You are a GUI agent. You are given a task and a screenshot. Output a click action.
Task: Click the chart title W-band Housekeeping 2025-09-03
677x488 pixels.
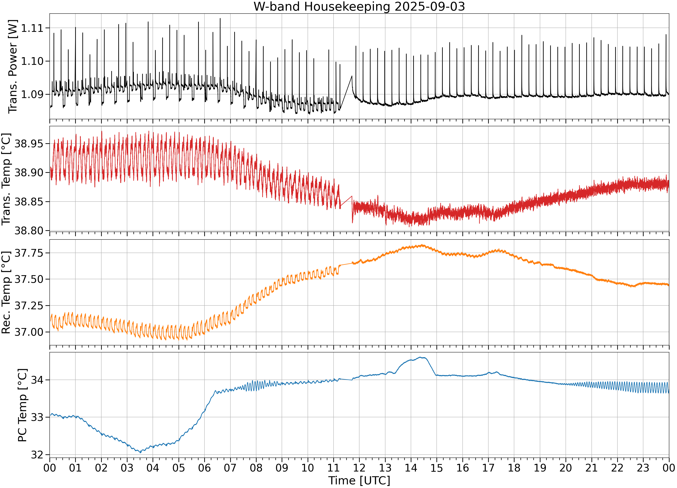(359, 7)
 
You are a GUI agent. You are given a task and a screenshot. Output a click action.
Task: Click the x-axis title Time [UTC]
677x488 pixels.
(359, 481)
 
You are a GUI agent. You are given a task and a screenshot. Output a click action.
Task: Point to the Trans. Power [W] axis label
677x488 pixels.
(13, 67)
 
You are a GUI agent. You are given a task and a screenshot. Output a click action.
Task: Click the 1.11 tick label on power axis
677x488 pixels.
(32, 28)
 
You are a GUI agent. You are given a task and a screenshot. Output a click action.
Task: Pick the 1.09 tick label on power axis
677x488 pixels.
(32, 94)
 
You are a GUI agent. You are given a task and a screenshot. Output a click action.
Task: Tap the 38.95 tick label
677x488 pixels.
(29, 144)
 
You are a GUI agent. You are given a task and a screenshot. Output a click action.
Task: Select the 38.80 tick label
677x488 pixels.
(29, 231)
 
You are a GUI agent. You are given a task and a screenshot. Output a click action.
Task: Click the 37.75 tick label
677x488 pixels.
(29, 253)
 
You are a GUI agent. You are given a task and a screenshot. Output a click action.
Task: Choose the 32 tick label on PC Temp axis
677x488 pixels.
(37, 455)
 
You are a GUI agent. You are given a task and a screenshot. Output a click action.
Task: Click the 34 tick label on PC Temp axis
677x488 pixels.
(37, 380)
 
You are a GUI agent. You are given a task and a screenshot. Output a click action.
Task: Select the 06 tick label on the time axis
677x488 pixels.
(204, 468)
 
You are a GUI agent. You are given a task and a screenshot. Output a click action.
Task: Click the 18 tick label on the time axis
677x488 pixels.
(514, 468)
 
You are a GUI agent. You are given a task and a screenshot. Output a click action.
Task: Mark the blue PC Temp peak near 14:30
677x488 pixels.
(421, 357)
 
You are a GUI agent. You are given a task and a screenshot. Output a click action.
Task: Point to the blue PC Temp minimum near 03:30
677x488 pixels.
(140, 453)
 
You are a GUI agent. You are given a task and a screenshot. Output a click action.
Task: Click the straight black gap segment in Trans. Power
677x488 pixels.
(346, 93)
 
